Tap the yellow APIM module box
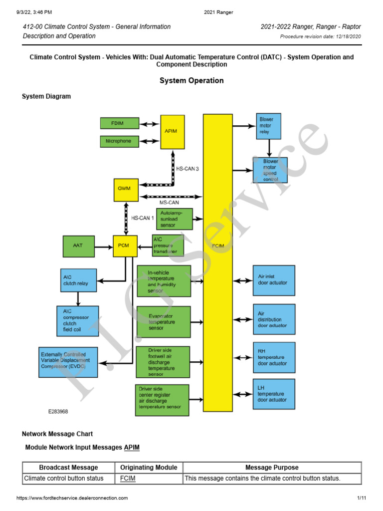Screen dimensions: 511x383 [x=172, y=131]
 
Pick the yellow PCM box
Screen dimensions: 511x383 [x=125, y=246]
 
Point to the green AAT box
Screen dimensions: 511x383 [x=79, y=246]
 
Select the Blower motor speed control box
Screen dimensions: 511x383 [x=274, y=170]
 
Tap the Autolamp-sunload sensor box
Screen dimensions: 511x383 [x=175, y=219]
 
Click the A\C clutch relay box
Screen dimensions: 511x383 [x=78, y=280]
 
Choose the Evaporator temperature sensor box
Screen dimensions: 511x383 [x=163, y=322]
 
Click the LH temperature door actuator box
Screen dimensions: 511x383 [x=274, y=394]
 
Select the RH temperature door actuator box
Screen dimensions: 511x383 [x=274, y=357]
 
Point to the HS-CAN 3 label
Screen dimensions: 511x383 [x=188, y=169]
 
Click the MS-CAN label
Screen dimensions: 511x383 [x=169, y=203]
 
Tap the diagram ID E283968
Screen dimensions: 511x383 [x=58, y=412]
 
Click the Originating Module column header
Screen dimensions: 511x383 [x=149, y=468]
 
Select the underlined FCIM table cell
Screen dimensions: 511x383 [x=128, y=479]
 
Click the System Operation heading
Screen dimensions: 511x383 [x=191, y=80]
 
